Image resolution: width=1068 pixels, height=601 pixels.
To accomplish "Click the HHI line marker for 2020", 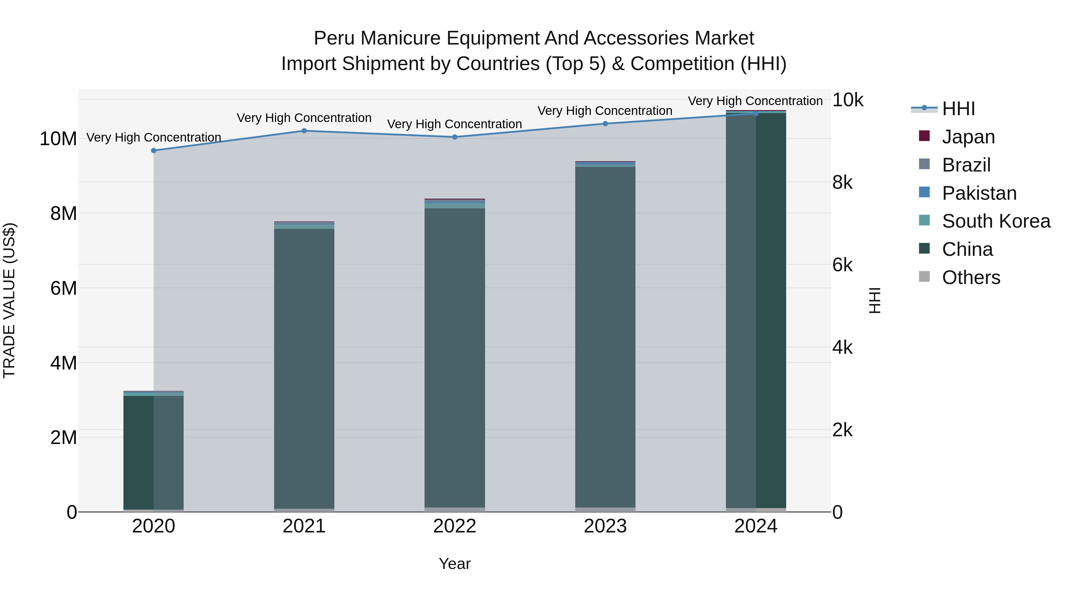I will point(153,150).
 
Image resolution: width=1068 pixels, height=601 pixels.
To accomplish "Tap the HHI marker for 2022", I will point(454,137).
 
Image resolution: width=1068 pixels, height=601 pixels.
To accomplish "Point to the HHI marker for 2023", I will point(605,123).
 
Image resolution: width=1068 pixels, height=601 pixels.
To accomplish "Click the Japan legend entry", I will point(968,137).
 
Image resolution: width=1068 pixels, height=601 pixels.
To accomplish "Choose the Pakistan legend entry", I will point(978,193).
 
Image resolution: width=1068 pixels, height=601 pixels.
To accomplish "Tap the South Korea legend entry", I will point(995,221).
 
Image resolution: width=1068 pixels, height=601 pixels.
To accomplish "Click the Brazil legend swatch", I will point(924,164).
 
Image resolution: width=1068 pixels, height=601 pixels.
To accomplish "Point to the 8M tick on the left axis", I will point(63,214).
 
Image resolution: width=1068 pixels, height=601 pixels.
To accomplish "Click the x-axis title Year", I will point(454,564).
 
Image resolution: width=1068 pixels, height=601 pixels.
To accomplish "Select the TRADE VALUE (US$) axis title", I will point(9,300).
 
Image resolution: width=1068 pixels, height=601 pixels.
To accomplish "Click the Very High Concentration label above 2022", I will point(454,124).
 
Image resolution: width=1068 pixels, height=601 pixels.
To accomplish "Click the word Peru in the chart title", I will point(334,38).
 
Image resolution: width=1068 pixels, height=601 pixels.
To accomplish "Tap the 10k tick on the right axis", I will point(848,100).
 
